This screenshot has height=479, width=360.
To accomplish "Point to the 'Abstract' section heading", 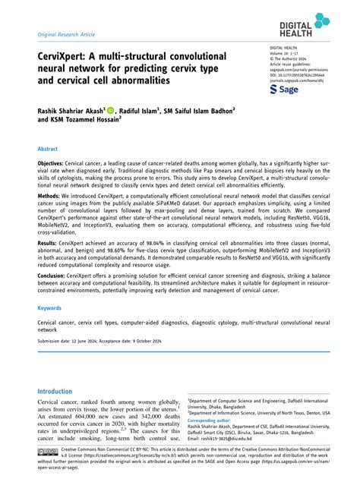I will [x=48, y=150].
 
